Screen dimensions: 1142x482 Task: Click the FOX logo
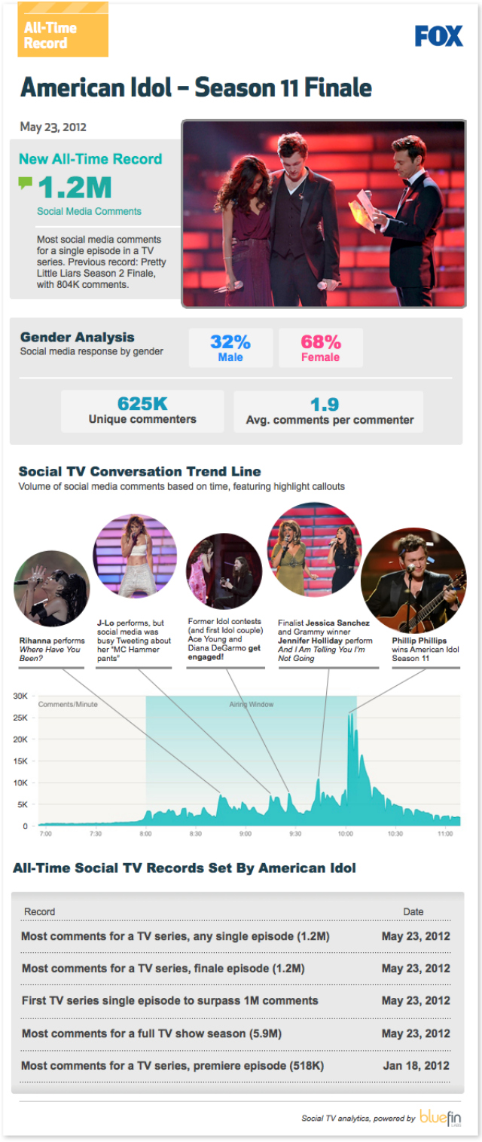(x=438, y=35)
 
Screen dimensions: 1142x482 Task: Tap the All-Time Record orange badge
(x=63, y=30)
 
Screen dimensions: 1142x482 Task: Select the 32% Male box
(x=230, y=347)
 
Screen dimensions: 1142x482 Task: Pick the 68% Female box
(x=321, y=347)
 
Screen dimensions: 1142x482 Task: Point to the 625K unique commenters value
(x=142, y=405)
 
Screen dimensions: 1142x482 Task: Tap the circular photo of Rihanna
(x=50, y=588)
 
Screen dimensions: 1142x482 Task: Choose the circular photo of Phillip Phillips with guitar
(x=413, y=580)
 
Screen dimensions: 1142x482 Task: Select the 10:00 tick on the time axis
(x=346, y=834)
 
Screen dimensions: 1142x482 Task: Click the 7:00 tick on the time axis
(x=45, y=834)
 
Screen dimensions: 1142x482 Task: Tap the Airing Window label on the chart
(x=252, y=705)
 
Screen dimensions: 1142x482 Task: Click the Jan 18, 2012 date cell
(x=416, y=1066)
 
